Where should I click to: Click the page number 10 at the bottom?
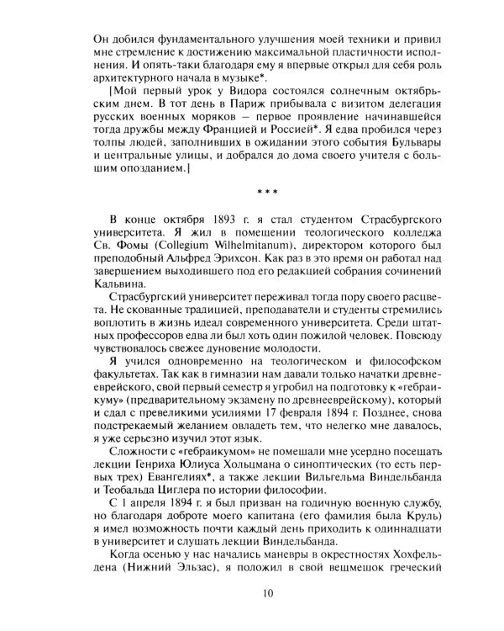point(268,594)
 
